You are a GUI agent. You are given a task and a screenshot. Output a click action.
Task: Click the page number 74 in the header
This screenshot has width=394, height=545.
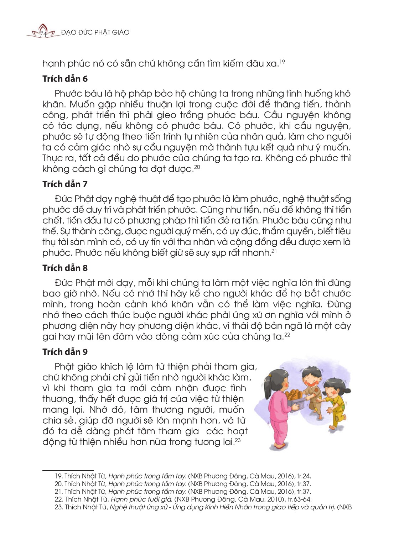pyautogui.click(x=43, y=33)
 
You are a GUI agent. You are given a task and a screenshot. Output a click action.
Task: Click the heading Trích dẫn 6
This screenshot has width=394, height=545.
pyautogui.click(x=65, y=79)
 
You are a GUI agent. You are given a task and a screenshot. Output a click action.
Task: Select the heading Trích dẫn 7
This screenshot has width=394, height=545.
pyautogui.click(x=65, y=184)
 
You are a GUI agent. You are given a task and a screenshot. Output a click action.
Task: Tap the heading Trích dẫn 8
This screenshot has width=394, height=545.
pyautogui.click(x=65, y=268)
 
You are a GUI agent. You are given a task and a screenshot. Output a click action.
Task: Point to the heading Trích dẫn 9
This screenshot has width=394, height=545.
pyautogui.click(x=65, y=352)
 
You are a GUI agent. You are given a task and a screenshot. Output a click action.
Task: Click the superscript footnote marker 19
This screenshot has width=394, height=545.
pyautogui.click(x=282, y=62)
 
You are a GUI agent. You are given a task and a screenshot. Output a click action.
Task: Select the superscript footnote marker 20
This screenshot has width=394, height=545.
pyautogui.click(x=197, y=167)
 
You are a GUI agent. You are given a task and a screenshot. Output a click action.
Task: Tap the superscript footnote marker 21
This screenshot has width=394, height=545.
pyautogui.click(x=274, y=251)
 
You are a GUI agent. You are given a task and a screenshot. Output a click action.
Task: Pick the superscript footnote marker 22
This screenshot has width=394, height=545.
pyautogui.click(x=287, y=335)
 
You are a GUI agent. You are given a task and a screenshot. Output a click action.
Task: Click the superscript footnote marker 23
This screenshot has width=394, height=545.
pyautogui.click(x=238, y=440)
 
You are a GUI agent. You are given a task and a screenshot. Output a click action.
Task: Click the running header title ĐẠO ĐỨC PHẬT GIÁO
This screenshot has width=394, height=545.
pyautogui.click(x=95, y=32)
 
